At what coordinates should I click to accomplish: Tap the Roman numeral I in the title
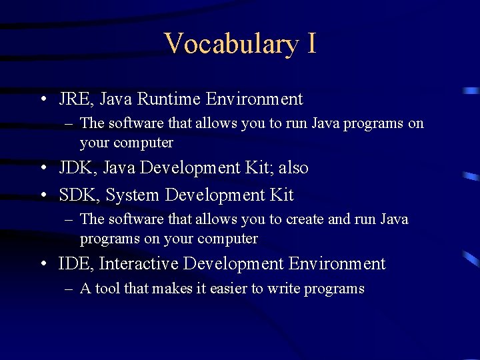click(311, 43)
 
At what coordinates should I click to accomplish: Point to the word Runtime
click(169, 99)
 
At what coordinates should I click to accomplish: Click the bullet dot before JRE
click(43, 100)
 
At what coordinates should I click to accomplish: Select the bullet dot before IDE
click(43, 265)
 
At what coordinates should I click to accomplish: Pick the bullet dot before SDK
click(43, 195)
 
